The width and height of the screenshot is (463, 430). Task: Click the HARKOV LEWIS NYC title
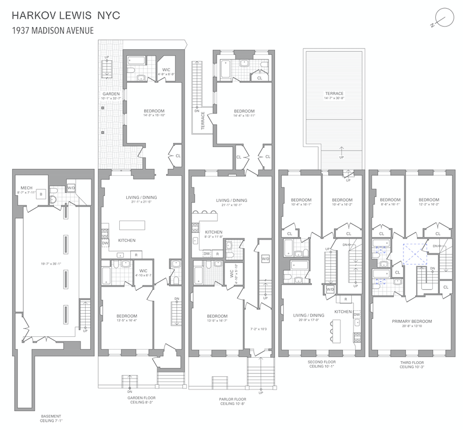coord(60,15)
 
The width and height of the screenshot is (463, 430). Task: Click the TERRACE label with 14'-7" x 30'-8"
coord(334,94)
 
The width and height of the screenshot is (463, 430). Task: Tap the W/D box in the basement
coord(71,188)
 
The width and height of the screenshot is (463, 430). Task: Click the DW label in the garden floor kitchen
coord(105,244)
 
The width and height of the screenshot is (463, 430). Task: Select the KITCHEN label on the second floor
coord(343,311)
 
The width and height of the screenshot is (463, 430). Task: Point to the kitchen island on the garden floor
coord(134,225)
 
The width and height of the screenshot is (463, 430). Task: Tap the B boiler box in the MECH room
coord(39,194)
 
